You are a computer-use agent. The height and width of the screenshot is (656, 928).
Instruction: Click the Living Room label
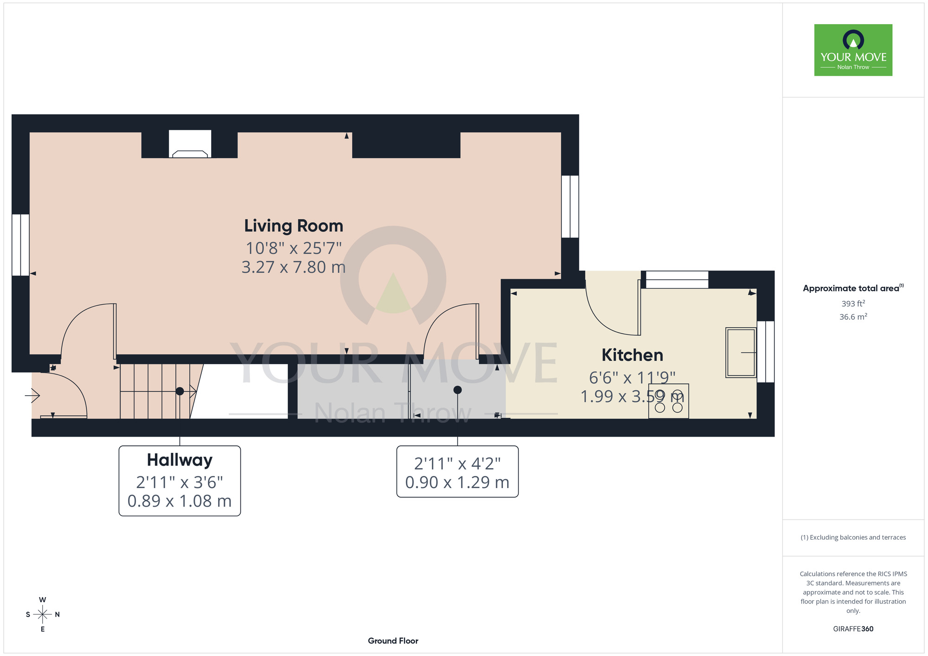[x=294, y=226]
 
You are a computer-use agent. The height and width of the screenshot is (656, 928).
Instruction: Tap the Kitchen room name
[x=632, y=355]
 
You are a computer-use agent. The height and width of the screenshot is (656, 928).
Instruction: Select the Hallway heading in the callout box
[x=180, y=460]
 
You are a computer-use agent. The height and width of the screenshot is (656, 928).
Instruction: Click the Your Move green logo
[x=853, y=50]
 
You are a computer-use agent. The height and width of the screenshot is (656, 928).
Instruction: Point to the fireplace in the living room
[x=190, y=144]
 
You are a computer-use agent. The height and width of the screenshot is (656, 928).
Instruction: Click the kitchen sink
[x=741, y=353]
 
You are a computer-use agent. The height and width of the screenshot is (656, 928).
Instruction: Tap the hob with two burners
[x=669, y=401]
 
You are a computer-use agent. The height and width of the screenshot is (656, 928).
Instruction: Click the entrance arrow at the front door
[x=32, y=396]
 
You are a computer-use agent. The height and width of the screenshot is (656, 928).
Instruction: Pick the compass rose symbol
[x=43, y=615]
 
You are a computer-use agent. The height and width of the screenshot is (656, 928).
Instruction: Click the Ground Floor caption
[x=393, y=641]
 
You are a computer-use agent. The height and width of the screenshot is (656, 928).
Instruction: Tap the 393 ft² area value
[x=853, y=303]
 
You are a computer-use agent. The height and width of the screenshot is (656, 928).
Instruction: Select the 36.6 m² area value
[x=853, y=317]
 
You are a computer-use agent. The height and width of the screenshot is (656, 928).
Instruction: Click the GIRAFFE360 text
[x=853, y=629]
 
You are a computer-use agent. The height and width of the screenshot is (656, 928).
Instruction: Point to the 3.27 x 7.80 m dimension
[x=294, y=267]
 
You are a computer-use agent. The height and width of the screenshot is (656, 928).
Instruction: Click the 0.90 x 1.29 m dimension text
[x=458, y=482]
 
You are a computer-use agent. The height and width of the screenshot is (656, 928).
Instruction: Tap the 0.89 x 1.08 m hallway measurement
[x=180, y=501]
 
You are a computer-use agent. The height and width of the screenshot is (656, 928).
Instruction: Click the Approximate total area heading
[x=853, y=288]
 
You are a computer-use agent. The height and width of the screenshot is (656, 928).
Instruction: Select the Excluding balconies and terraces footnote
[x=853, y=537]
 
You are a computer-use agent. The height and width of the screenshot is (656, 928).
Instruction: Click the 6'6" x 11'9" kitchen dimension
[x=632, y=378]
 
